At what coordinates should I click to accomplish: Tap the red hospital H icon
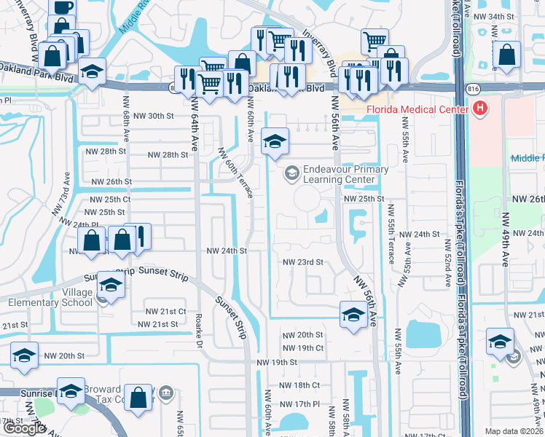(479, 109)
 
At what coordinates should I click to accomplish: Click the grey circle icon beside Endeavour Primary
(291, 173)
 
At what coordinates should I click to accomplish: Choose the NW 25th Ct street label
(110, 199)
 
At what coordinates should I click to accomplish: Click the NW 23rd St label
(302, 262)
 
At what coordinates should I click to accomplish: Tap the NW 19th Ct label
(305, 348)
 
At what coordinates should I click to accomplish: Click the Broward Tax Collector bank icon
(167, 394)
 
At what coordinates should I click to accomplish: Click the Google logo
(24, 428)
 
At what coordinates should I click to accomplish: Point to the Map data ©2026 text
(514, 431)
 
